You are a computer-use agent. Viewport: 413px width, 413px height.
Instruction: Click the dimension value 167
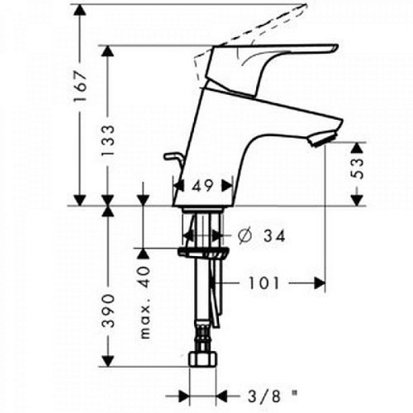(x=81, y=87)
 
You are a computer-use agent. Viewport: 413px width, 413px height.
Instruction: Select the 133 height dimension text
(x=108, y=140)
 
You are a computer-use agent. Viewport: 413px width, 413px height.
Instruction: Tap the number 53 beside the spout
(x=358, y=169)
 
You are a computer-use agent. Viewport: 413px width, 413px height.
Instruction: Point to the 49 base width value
(x=202, y=187)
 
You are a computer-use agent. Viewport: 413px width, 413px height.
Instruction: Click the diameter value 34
(x=275, y=236)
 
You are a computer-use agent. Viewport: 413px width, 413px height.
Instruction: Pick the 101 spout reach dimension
(x=264, y=284)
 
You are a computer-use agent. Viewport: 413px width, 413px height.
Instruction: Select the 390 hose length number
(x=108, y=311)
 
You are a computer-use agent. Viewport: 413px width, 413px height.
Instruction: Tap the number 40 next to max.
(x=144, y=277)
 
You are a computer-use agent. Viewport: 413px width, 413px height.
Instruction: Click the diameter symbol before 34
(x=245, y=236)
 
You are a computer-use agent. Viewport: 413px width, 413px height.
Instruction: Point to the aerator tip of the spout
(x=324, y=139)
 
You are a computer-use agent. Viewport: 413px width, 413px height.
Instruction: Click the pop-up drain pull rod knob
(x=171, y=157)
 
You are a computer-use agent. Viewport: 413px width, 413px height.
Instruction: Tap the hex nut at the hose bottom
(x=203, y=359)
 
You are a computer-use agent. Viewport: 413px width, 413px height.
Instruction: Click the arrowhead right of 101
(x=320, y=284)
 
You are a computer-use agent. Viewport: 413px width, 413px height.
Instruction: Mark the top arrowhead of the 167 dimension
(x=81, y=10)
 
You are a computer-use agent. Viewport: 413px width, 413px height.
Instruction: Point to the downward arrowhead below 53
(x=358, y=200)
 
